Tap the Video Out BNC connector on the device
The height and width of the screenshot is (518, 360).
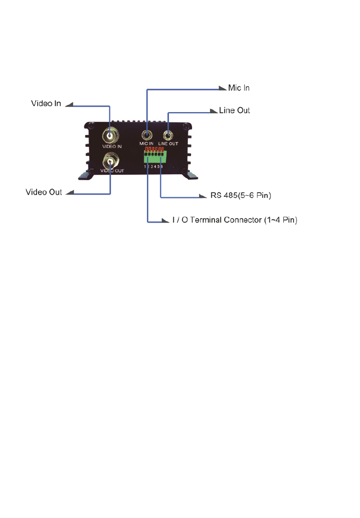tap(111, 159)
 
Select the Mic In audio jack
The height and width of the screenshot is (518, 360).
tap(146, 135)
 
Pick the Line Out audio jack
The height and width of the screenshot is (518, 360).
tap(168, 135)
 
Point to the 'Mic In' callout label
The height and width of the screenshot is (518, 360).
tap(239, 87)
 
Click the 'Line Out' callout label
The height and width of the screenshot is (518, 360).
tap(234, 110)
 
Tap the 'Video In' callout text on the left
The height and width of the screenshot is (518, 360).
tap(46, 103)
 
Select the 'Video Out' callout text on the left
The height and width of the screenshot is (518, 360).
tap(44, 191)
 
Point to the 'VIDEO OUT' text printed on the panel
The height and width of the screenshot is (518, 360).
tap(111, 170)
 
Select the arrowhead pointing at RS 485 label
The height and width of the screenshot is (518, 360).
tap(203, 196)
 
